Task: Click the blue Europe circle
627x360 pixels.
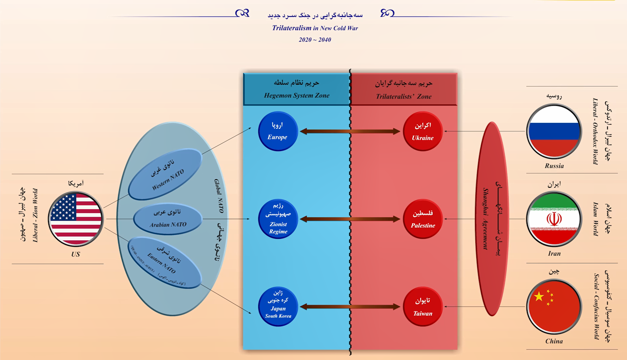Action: [278, 131]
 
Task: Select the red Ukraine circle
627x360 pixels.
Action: [422, 131]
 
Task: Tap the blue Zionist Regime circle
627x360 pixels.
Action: [278, 219]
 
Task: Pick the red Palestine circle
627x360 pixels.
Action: [422, 219]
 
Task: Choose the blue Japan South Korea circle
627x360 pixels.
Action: [278, 306]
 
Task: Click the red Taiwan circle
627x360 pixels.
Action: [422, 306]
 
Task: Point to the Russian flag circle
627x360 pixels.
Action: [554, 131]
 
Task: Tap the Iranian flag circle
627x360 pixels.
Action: [554, 219]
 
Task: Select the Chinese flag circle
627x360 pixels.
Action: [554, 307]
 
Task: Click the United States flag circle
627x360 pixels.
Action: [76, 219]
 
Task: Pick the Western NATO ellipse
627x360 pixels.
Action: [165, 174]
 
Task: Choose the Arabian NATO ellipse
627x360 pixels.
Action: [168, 219]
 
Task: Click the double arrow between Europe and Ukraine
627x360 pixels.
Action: [350, 131]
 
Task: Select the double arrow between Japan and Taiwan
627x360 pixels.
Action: [350, 307]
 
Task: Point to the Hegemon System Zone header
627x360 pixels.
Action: [296, 89]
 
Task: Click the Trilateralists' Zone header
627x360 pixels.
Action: [404, 90]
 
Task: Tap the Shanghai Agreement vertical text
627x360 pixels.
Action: [486, 219]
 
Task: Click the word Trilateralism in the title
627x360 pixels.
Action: [292, 28]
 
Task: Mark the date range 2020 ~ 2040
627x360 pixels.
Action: [315, 40]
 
